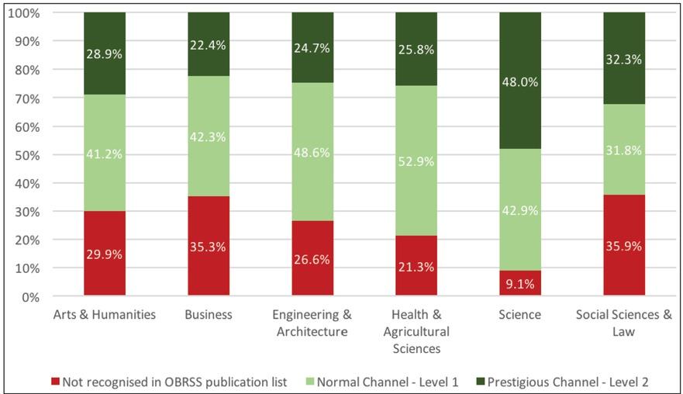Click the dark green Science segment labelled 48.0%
click(520, 81)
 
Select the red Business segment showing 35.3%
click(209, 246)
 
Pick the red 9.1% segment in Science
click(520, 283)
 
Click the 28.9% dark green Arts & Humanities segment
click(105, 54)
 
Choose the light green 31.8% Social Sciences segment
click(624, 150)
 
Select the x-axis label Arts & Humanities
click(105, 315)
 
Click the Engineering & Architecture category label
click(312, 323)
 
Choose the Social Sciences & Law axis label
click(623, 323)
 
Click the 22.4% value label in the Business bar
click(209, 45)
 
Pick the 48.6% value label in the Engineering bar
click(312, 153)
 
